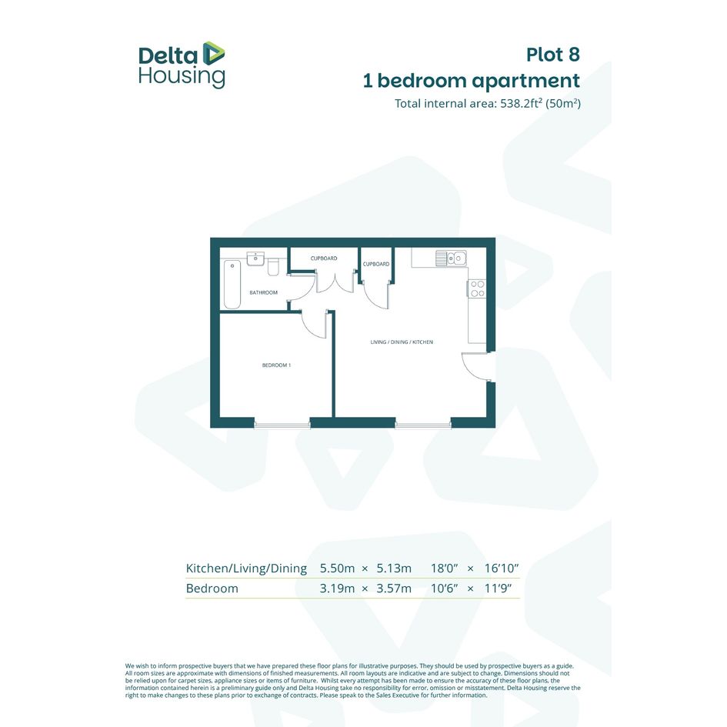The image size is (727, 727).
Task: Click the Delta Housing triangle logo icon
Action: (213, 53)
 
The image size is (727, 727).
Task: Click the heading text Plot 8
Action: (552, 55)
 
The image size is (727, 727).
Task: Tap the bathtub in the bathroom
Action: (232, 284)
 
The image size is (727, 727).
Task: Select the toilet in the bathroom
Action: (273, 267)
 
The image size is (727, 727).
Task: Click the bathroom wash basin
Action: (255, 258)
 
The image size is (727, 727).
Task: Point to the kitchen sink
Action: (451, 258)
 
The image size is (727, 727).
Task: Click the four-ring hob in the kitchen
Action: (478, 288)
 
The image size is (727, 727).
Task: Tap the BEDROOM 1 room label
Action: (276, 365)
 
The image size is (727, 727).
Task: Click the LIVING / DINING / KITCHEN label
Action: (402, 342)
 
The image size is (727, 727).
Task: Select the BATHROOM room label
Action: (263, 292)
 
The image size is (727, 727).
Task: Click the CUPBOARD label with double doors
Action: (324, 258)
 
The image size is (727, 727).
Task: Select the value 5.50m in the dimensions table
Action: (337, 568)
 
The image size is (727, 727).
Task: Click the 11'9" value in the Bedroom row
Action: (498, 589)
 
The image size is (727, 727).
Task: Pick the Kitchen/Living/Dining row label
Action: (246, 569)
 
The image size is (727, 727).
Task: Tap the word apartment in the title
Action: (526, 82)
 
